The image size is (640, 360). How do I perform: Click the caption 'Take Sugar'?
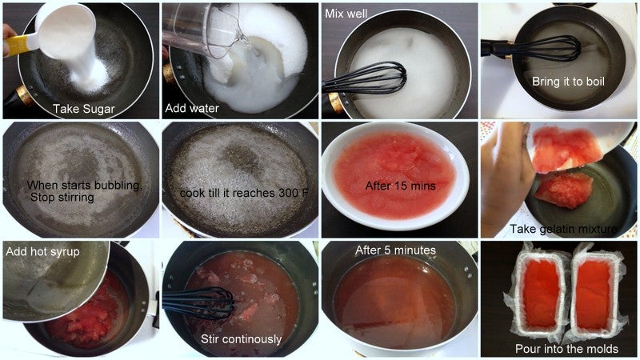[x=84, y=109]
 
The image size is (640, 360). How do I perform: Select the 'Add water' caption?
[x=192, y=108]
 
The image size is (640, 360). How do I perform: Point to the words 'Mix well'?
[x=346, y=14]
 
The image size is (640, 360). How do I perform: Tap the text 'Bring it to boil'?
[x=568, y=82]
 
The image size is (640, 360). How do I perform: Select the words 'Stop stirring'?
[x=62, y=198]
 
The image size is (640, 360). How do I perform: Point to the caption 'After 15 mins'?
[x=401, y=186]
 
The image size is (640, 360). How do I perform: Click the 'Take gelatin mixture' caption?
[x=563, y=229]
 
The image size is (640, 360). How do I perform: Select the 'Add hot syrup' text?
[x=43, y=251]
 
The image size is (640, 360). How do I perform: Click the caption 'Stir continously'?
[x=242, y=339]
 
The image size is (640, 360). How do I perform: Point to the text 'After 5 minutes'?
[x=395, y=250]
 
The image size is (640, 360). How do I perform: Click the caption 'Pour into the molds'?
[x=566, y=349]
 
